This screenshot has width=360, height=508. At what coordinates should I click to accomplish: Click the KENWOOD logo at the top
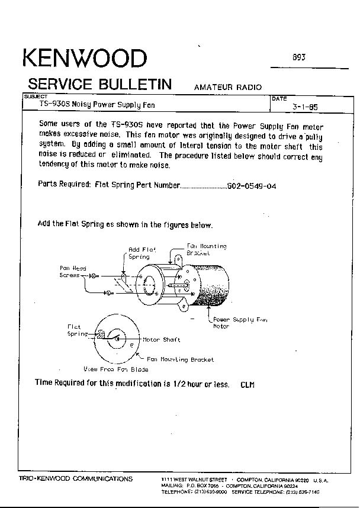pyautogui.click(x=84, y=59)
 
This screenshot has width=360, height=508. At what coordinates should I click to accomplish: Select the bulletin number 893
pyautogui.click(x=299, y=58)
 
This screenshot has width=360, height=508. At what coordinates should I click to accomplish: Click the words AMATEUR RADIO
pyautogui.click(x=227, y=87)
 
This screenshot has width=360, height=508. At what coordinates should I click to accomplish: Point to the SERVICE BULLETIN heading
pyautogui.click(x=100, y=83)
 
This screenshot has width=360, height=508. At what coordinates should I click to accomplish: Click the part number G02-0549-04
pyautogui.click(x=251, y=186)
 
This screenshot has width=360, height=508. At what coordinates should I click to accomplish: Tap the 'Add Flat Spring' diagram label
pyautogui.click(x=141, y=253)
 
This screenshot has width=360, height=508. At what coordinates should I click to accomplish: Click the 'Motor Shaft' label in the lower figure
pyautogui.click(x=161, y=340)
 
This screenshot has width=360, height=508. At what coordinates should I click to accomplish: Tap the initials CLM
pyautogui.click(x=247, y=385)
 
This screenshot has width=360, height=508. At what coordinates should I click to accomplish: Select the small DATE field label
pyautogui.click(x=279, y=99)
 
